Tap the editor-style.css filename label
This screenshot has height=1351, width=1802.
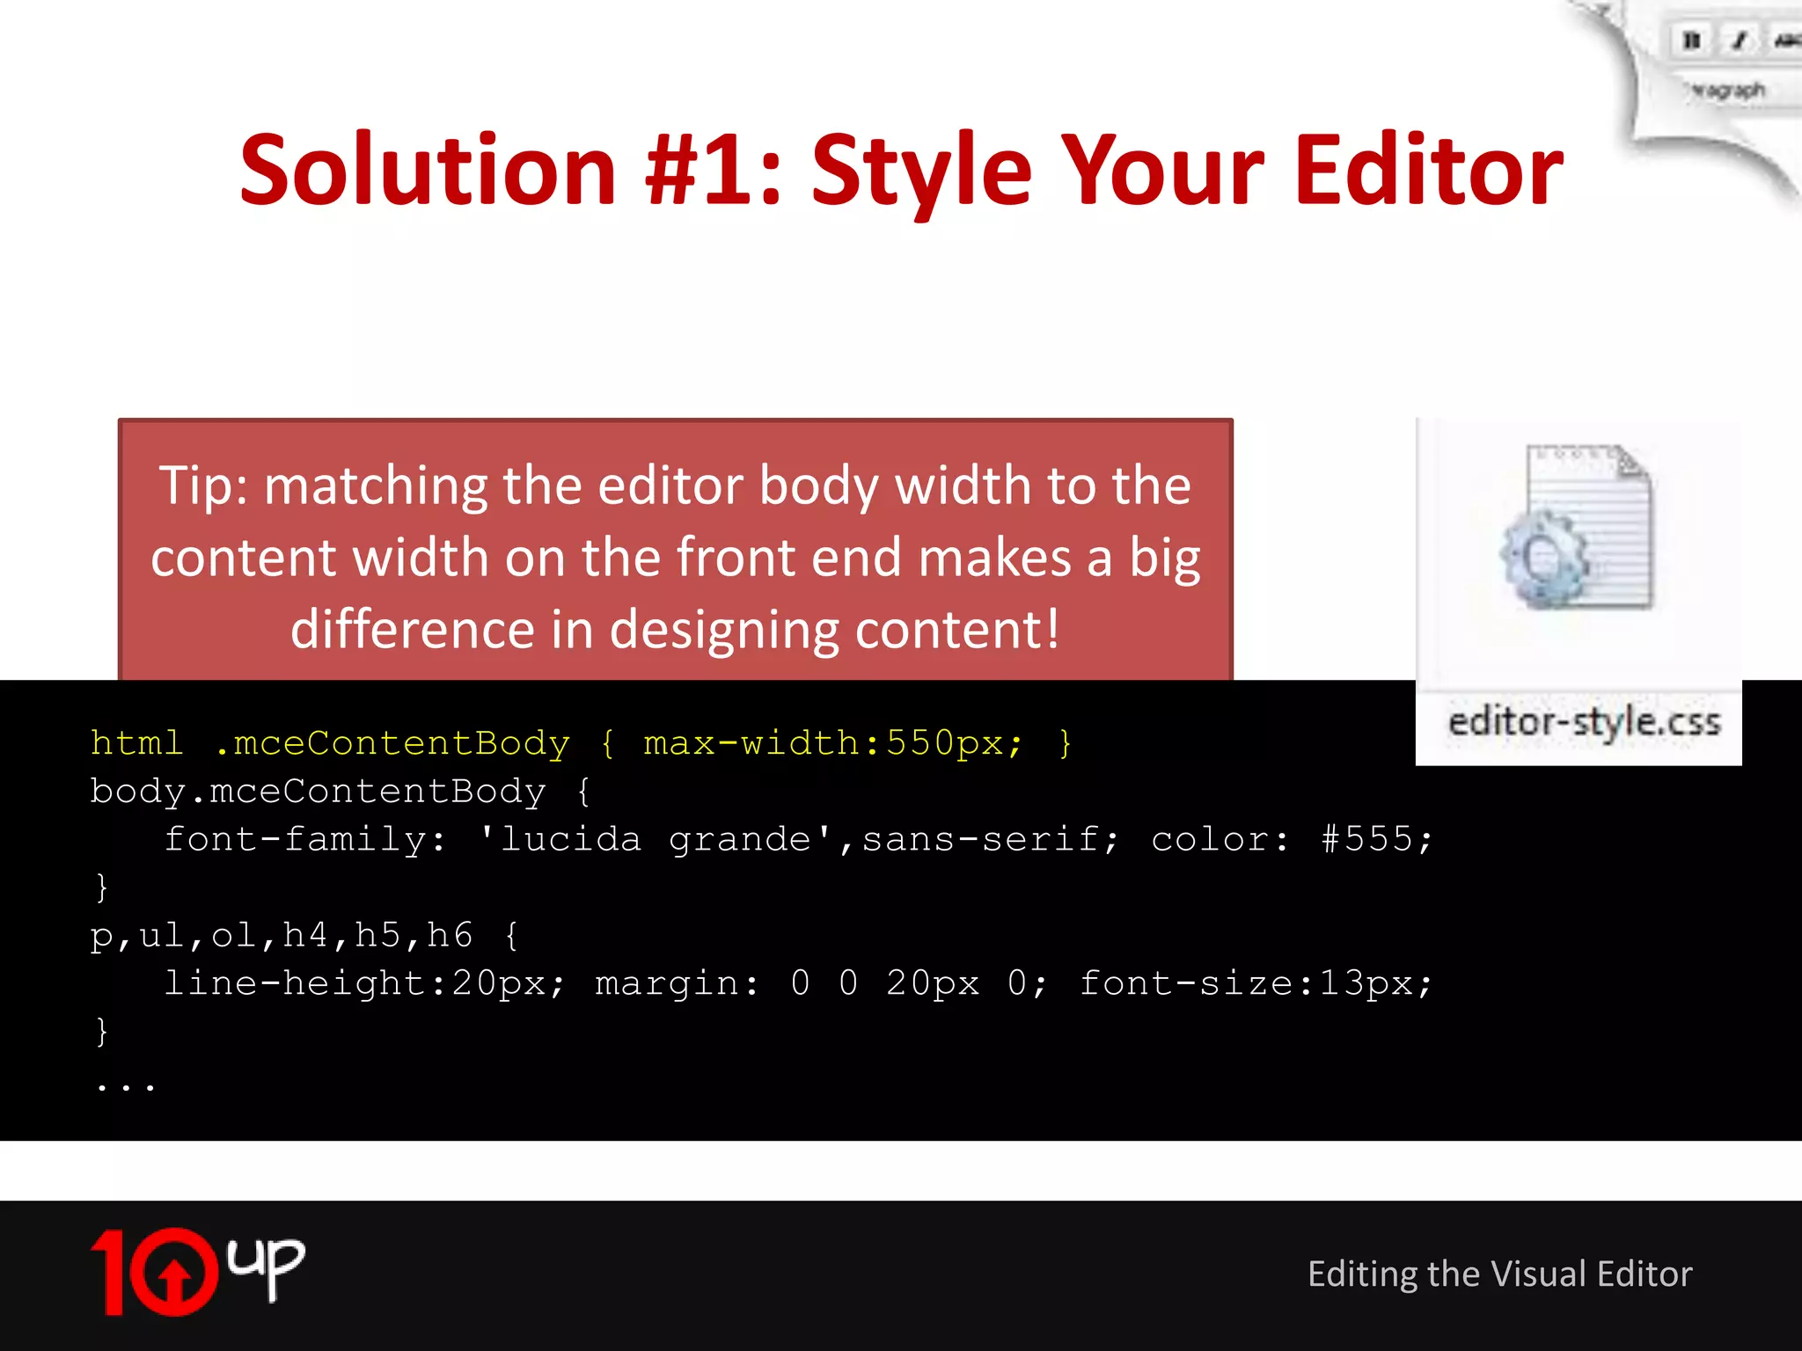pos(1584,722)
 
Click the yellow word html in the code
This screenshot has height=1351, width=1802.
pos(136,744)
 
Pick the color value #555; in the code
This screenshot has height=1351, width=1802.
pos(1377,839)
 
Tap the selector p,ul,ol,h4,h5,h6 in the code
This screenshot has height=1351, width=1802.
pos(282,935)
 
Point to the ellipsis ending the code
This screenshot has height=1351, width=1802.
pos(126,1087)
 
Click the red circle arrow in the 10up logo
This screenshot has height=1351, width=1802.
pos(174,1272)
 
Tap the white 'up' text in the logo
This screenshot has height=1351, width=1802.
pos(266,1263)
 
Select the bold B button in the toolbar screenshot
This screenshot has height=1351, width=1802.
pos(1691,40)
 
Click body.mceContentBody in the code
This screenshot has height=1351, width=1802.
pos(318,792)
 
